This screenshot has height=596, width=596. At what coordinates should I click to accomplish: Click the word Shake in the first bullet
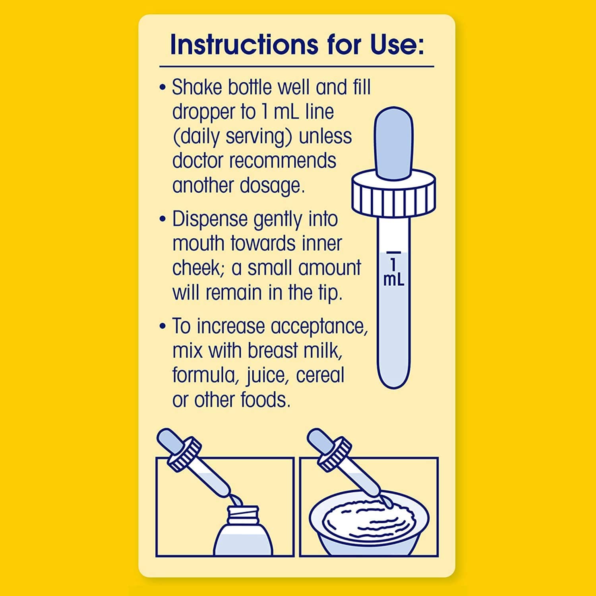click(197, 87)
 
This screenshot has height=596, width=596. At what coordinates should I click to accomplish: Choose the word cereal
click(320, 376)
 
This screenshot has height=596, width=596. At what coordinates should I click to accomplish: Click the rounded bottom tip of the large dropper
click(394, 379)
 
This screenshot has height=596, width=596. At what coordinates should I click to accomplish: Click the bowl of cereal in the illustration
click(369, 524)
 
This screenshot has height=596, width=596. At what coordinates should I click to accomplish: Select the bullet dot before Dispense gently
click(162, 219)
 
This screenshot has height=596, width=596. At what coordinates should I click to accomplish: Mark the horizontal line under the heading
click(296, 66)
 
